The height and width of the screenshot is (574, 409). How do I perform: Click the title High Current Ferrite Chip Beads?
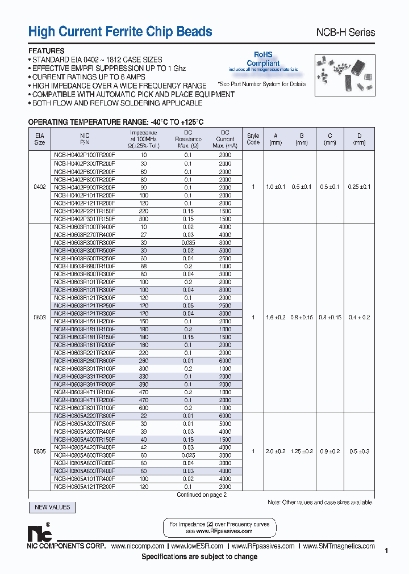tap(120, 32)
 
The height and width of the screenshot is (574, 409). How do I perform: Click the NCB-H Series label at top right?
tap(345, 32)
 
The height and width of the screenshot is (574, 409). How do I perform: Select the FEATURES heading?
tap(47, 50)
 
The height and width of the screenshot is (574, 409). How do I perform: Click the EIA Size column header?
tap(40, 139)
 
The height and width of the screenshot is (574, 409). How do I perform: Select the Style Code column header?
tap(253, 139)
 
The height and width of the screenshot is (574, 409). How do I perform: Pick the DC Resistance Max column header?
tap(189, 139)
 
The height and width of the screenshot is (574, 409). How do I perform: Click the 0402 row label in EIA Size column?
tap(40, 187)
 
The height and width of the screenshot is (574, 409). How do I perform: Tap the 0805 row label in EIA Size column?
tap(40, 451)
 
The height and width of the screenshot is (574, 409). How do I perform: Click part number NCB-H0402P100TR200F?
tap(84, 155)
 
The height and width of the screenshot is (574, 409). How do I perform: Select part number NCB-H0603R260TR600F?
tap(84, 361)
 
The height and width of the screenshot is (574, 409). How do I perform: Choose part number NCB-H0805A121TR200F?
tap(84, 487)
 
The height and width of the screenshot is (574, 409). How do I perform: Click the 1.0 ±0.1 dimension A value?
tap(276, 187)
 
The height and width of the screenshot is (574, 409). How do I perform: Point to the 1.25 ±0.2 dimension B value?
tap(302, 451)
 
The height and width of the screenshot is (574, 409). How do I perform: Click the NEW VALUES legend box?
tap(52, 507)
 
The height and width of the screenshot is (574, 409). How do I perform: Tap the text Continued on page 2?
tap(201, 495)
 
